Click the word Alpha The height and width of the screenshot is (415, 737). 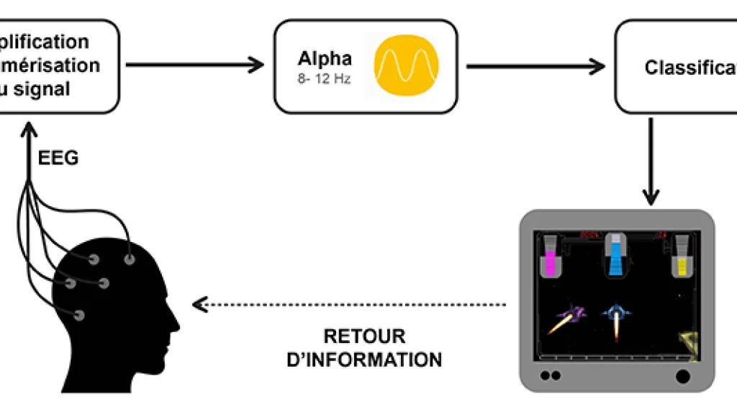[x=325, y=59]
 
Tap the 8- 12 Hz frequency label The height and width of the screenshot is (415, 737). [x=325, y=79]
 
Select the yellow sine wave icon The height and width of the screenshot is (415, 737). [x=406, y=65]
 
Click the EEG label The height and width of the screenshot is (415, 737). [x=58, y=159]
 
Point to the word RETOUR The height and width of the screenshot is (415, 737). [x=364, y=336]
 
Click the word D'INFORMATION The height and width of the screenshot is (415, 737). [x=364, y=359]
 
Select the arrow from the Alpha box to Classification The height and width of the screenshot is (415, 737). [x=535, y=66]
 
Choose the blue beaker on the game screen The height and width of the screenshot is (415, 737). [x=615, y=257]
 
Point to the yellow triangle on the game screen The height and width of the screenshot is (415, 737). [x=689, y=344]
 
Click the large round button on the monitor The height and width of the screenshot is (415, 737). [x=682, y=375]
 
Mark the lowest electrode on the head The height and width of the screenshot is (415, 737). [x=78, y=315]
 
